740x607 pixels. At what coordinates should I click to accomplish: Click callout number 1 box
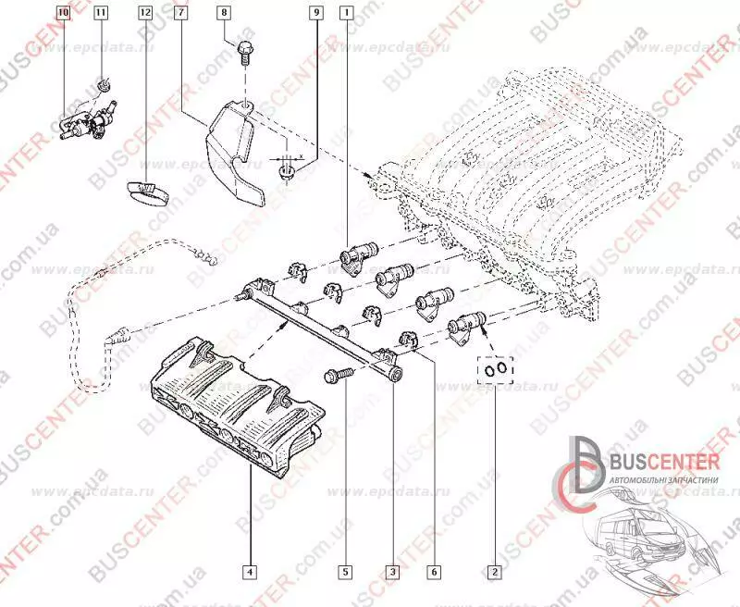pos(345,14)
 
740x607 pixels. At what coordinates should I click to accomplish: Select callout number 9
pos(315,14)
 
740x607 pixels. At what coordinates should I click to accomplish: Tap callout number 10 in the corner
pos(63,14)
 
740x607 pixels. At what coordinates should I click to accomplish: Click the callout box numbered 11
pos(100,14)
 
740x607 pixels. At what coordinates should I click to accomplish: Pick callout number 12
pos(144,14)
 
